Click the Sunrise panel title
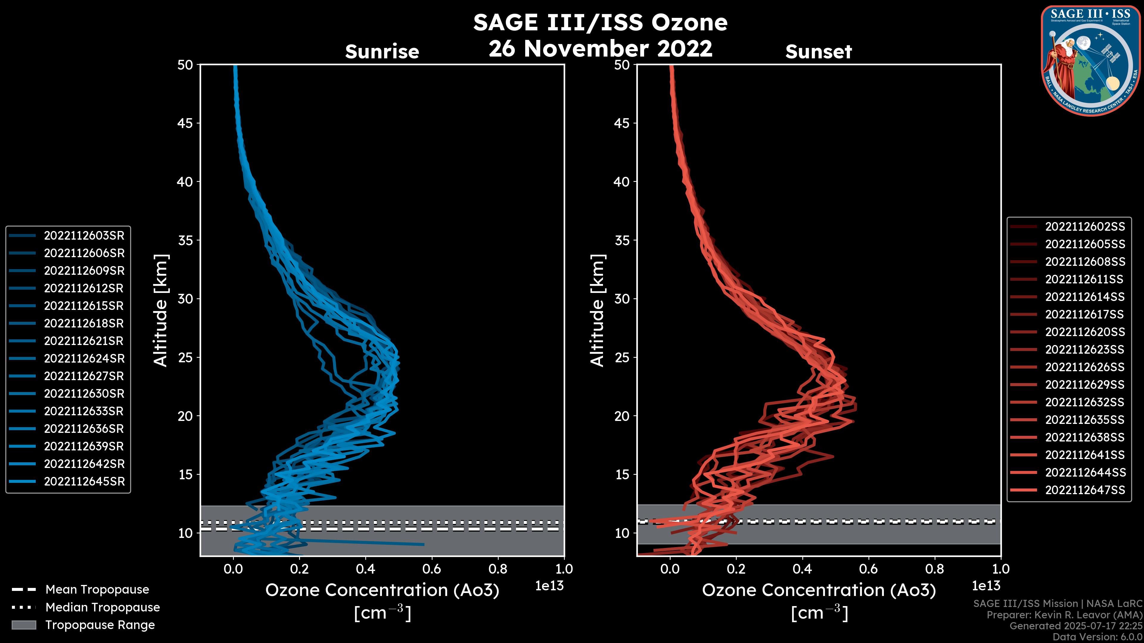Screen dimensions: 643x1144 382,52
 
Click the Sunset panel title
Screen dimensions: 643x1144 818,52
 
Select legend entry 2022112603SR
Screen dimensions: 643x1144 84,236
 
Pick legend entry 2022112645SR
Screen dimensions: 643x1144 84,481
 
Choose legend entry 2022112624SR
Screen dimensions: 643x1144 84,358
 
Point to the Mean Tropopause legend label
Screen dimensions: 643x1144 97,590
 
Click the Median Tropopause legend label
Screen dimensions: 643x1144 102,608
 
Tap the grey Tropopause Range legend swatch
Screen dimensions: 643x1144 24,625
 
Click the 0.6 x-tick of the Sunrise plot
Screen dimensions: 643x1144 432,569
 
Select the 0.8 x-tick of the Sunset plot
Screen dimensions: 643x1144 934,569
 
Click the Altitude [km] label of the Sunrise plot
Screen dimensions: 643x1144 161,310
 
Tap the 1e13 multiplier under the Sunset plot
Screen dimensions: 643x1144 986,586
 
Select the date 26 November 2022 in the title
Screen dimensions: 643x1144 600,48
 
